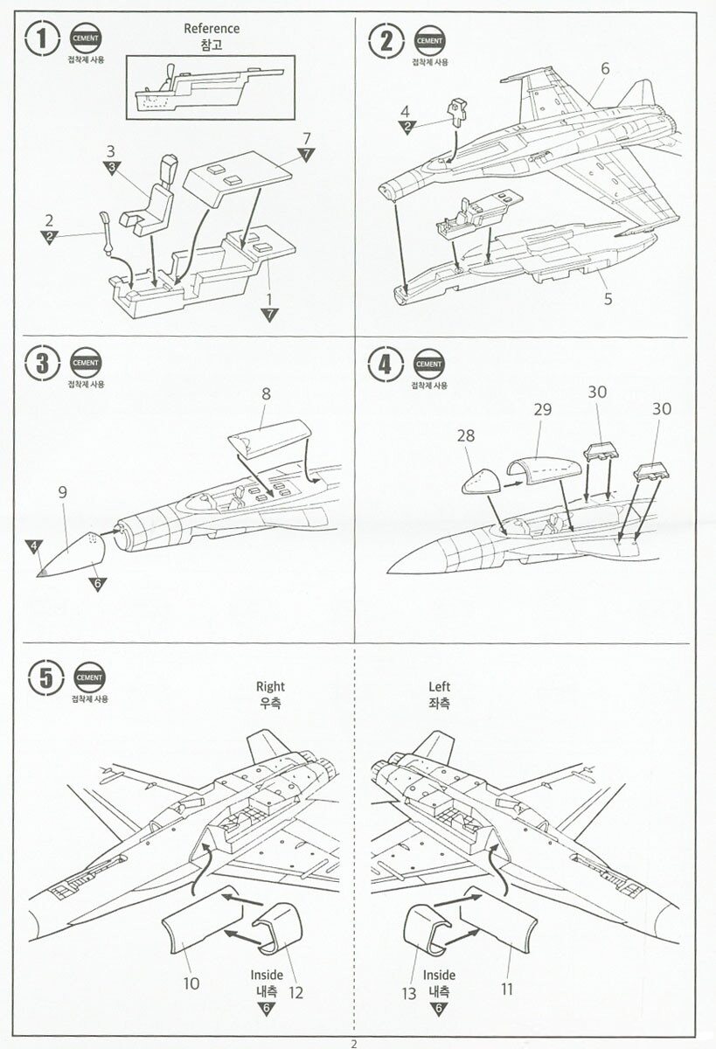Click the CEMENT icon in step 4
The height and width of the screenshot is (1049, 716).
[x=428, y=365]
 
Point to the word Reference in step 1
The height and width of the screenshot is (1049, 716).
[x=212, y=29]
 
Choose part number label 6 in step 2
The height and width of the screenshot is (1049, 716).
[x=605, y=68]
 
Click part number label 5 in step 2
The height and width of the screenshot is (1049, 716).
[x=607, y=298]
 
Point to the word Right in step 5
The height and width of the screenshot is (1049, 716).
[x=270, y=687]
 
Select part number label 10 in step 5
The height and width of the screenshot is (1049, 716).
[x=191, y=983]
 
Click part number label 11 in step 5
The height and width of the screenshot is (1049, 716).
[x=508, y=989]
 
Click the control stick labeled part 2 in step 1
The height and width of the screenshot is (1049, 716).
[x=107, y=232]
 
